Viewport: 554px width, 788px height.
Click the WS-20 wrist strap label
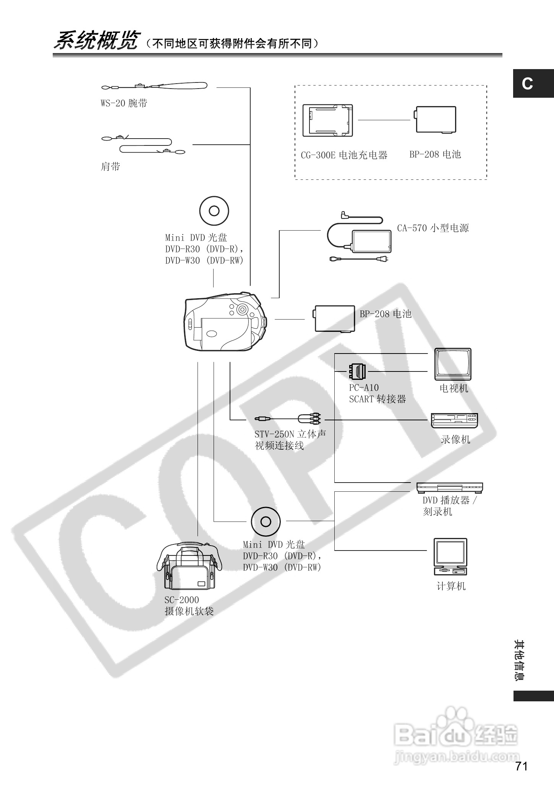(124, 103)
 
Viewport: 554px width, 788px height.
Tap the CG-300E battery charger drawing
(327, 121)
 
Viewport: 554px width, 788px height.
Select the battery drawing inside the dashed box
(436, 119)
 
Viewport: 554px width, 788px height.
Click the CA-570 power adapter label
(433, 228)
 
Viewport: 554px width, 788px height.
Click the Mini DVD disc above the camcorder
(214, 211)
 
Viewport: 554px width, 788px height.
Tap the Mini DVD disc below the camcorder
(266, 522)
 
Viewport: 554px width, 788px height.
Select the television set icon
(453, 364)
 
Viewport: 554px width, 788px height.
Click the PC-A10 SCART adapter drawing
(357, 370)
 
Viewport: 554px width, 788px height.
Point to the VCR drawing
(454, 420)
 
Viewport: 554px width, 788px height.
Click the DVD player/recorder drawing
(449, 488)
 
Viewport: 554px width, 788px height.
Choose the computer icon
(450, 557)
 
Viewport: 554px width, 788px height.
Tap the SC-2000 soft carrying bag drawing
(189, 567)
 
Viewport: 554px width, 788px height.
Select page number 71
(521, 766)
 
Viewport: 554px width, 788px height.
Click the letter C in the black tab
(528, 84)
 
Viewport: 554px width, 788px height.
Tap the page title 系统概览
(95, 41)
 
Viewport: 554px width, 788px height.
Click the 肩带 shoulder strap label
(110, 166)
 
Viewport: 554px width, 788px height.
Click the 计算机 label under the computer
(451, 586)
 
